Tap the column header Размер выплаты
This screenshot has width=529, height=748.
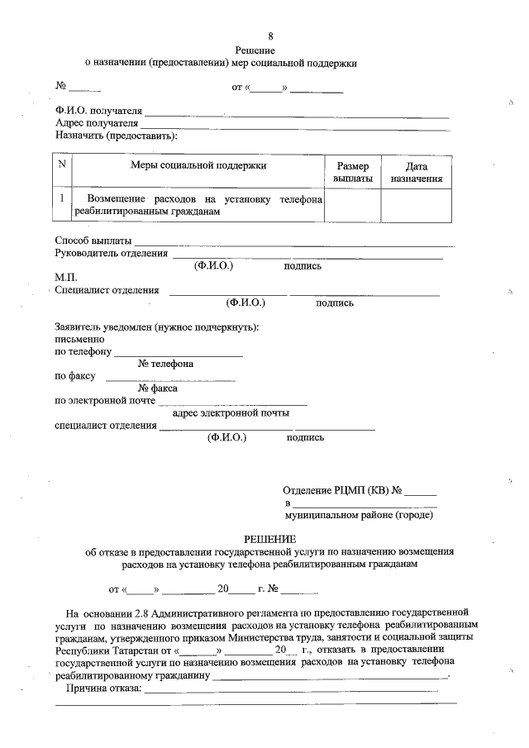(x=352, y=172)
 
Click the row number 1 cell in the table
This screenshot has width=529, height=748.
(x=62, y=199)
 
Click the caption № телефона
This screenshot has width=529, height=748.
(x=166, y=364)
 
